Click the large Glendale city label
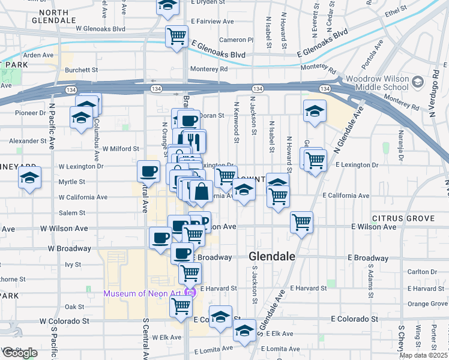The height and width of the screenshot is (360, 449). click(x=272, y=256)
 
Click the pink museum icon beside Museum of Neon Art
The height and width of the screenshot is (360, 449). click(x=190, y=293)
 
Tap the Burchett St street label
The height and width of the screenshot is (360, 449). click(x=82, y=70)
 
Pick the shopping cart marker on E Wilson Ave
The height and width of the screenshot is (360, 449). click(x=301, y=222)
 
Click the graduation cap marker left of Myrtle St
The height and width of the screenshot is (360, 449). click(x=29, y=178)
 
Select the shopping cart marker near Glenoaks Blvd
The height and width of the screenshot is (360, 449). click(x=176, y=36)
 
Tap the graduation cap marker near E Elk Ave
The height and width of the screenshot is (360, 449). click(x=244, y=331)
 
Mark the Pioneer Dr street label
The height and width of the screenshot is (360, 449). click(x=31, y=112)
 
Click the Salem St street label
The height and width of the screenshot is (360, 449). click(x=72, y=213)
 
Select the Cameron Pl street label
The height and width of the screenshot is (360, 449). click(x=232, y=40)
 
